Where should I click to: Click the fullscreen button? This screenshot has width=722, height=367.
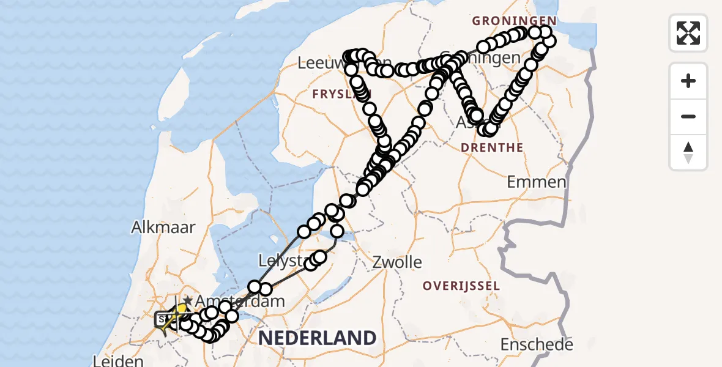pyautogui.click(x=688, y=33)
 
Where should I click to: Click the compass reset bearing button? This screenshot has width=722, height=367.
pyautogui.click(x=688, y=152)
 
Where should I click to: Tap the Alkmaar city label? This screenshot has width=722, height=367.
pyautogui.click(x=163, y=227)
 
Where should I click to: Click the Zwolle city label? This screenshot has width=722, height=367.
pyautogui.click(x=398, y=262)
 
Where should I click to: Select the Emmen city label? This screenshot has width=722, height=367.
pyautogui.click(x=537, y=182)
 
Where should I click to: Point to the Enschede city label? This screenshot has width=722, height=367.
pyautogui.click(x=537, y=344)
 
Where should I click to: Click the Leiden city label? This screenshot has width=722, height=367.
pyautogui.click(x=118, y=361)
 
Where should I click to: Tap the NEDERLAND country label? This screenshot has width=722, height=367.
pyautogui.click(x=316, y=337)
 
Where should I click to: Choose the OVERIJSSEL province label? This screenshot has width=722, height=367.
pyautogui.click(x=461, y=286)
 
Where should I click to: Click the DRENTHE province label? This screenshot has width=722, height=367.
pyautogui.click(x=492, y=147)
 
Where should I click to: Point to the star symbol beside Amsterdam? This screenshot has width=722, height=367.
pyautogui.click(x=187, y=300)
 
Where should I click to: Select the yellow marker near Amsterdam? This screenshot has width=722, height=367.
pyautogui.click(x=180, y=310)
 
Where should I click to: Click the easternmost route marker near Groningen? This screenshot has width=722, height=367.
pyautogui.click(x=549, y=41)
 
